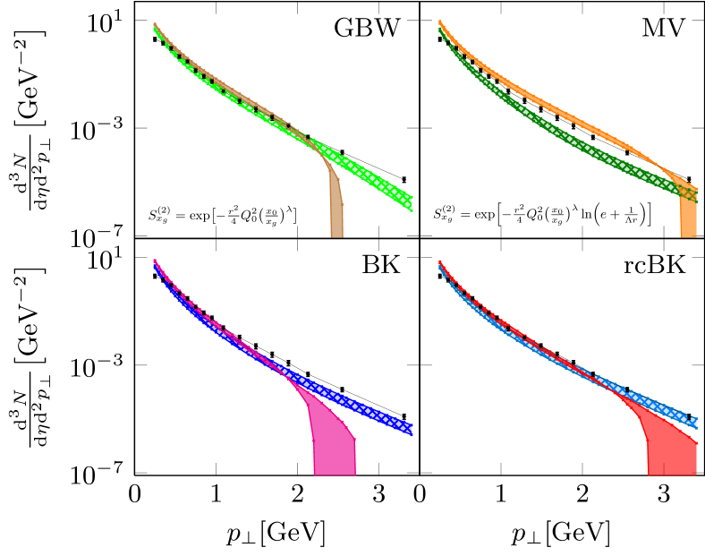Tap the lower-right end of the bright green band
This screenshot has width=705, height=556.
click(x=410, y=202)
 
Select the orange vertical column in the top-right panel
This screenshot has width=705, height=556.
click(x=688, y=218)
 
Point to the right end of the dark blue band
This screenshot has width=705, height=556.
click(x=410, y=428)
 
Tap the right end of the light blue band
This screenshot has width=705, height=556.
click(x=694, y=420)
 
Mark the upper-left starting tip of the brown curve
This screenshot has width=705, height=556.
click(x=155, y=25)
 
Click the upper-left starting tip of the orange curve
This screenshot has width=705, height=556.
click(x=439, y=22)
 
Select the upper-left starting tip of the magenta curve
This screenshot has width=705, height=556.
click(x=155, y=261)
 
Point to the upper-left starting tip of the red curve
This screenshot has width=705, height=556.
click(x=439, y=261)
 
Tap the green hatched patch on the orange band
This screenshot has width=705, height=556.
click(x=688, y=192)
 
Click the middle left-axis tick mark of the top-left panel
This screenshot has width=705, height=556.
click(x=141, y=128)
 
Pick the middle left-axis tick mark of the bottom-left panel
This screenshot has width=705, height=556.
click(x=141, y=365)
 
